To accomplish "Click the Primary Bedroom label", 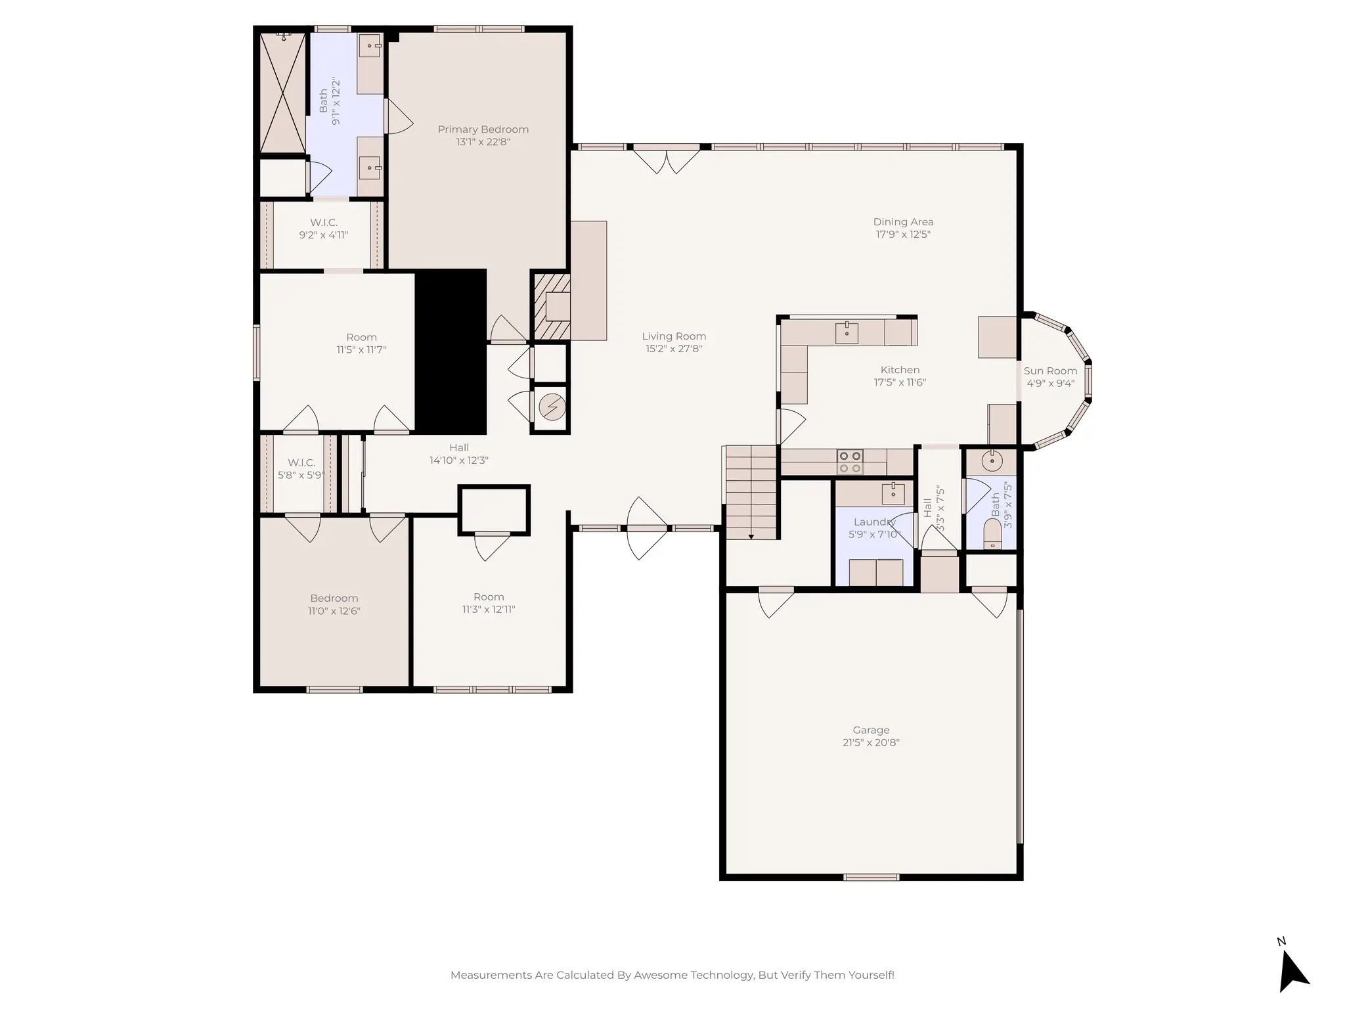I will click(x=483, y=129).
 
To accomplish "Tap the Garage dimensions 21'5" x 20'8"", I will click(x=871, y=743).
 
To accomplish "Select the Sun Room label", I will click(x=1050, y=371).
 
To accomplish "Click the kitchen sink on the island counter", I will click(x=847, y=333).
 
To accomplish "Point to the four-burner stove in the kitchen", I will click(x=850, y=462).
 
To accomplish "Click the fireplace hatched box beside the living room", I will click(x=550, y=306).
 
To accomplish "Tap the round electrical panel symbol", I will click(x=552, y=408).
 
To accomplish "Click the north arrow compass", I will click(x=1292, y=971).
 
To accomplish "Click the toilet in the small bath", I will click(x=992, y=533).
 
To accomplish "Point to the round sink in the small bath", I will click(x=992, y=461).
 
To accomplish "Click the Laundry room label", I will click(x=874, y=522).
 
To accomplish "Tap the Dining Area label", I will click(x=903, y=222).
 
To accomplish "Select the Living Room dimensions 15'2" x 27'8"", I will click(x=674, y=349).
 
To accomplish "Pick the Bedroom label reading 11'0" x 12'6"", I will click(x=334, y=598).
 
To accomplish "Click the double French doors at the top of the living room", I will click(x=666, y=160).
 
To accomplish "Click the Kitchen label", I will click(x=900, y=370).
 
